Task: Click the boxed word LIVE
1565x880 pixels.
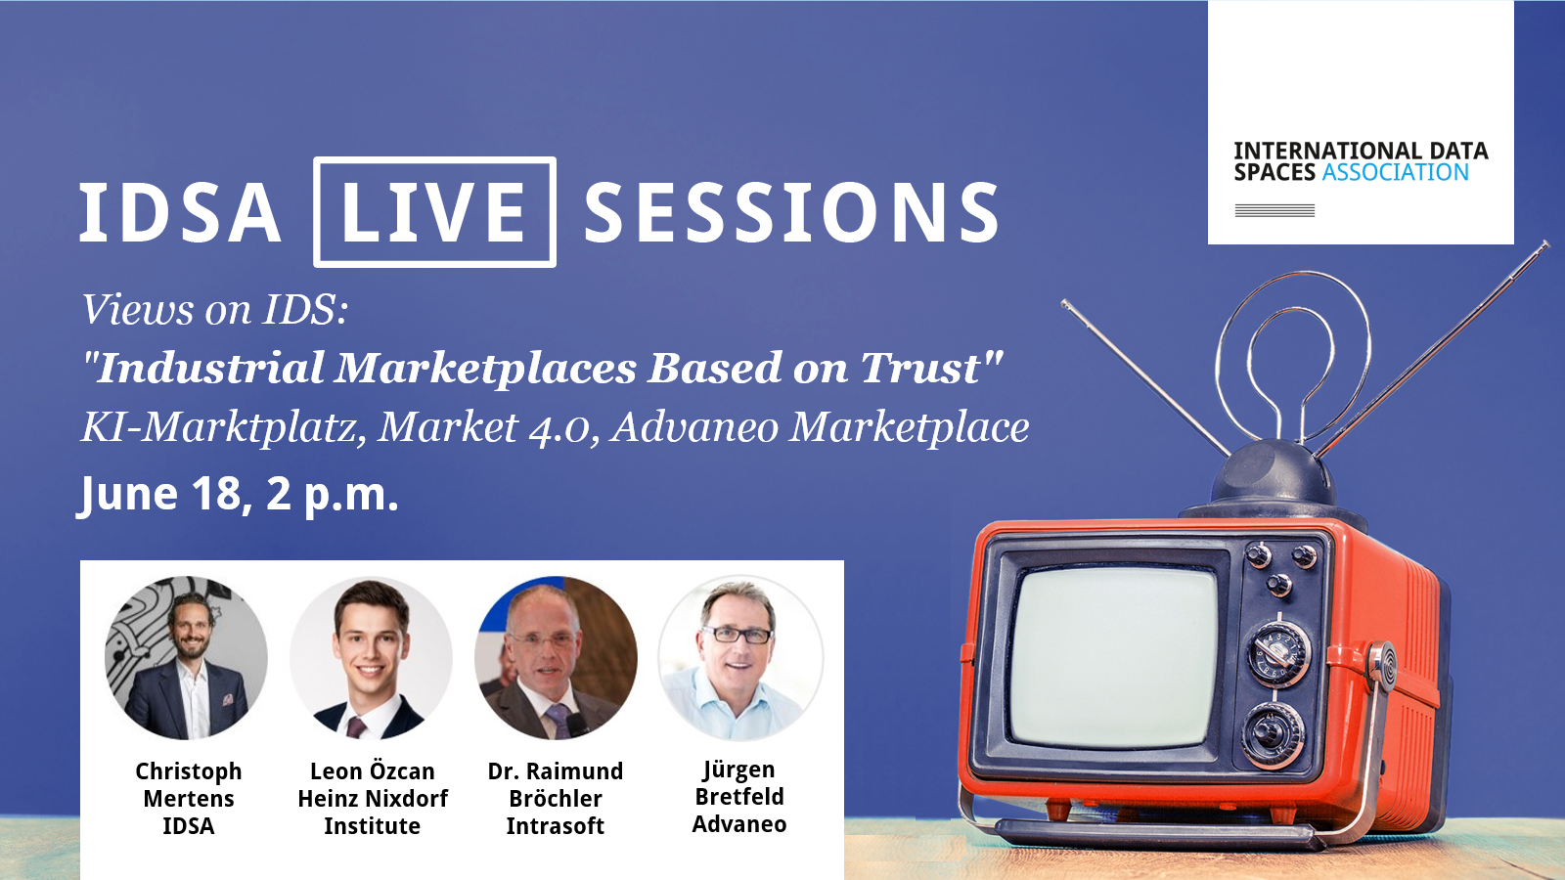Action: tap(434, 211)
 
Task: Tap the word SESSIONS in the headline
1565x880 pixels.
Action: tap(791, 211)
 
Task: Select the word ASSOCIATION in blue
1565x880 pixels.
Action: tap(1395, 172)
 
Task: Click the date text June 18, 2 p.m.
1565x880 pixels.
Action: tap(238, 495)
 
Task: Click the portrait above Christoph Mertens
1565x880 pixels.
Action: tap(187, 657)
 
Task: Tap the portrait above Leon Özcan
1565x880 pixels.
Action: tap(371, 657)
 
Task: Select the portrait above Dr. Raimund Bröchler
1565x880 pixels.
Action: tap(556, 657)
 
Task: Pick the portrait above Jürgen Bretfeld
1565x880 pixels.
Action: tap(739, 657)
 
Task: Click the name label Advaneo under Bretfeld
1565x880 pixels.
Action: tap(739, 824)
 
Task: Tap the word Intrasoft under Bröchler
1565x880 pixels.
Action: tap(556, 826)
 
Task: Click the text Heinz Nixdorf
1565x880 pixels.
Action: tap(373, 798)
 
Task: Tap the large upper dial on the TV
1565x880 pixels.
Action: tap(1278, 654)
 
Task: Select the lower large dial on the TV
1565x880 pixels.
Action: tap(1273, 734)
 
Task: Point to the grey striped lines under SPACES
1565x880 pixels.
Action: tap(1274, 210)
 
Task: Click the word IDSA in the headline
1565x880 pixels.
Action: tap(180, 212)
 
